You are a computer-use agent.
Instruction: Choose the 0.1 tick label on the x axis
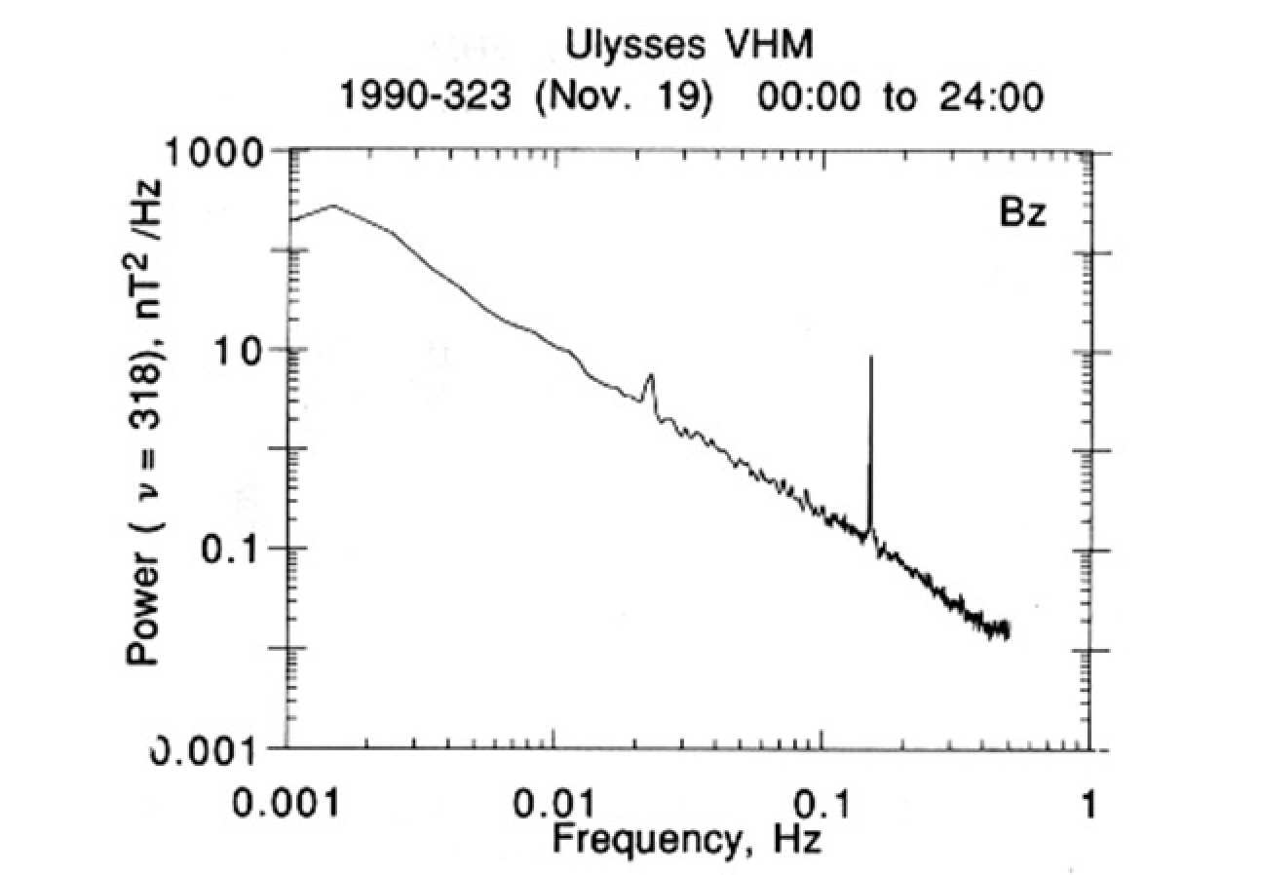[822, 805]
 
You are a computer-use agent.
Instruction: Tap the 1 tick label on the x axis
[1089, 805]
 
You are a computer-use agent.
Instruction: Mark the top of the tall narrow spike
[871, 359]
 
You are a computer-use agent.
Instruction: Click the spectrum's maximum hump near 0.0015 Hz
[333, 206]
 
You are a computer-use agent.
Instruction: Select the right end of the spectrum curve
[1008, 631]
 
